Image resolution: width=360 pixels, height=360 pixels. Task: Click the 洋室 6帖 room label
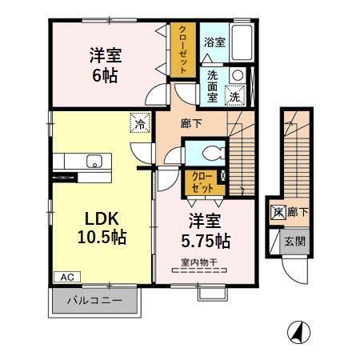pyautogui.click(x=106, y=65)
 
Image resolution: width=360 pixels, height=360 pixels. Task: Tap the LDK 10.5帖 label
pyautogui.click(x=102, y=228)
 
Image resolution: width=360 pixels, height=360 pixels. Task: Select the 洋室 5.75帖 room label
pyautogui.click(x=206, y=231)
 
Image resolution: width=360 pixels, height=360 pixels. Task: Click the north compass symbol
pyautogui.click(x=298, y=332)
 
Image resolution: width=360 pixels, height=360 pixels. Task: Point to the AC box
pyautogui.click(x=67, y=277)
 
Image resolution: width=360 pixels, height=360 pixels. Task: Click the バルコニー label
pyautogui.click(x=94, y=301)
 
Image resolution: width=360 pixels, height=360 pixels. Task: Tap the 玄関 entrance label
pyautogui.click(x=294, y=242)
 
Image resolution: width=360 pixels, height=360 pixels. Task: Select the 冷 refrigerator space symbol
pyautogui.click(x=140, y=122)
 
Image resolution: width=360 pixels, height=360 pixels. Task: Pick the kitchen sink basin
pyautogui.click(x=94, y=161)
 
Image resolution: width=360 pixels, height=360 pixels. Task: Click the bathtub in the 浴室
pyautogui.click(x=242, y=42)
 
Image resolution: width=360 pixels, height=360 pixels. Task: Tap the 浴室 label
pyautogui.click(x=214, y=42)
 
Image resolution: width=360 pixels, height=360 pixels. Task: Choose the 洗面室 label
pyautogui.click(x=213, y=86)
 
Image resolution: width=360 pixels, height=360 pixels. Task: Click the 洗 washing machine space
pyautogui.click(x=235, y=94)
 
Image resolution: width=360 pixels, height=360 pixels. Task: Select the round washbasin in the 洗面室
pyautogui.click(x=237, y=75)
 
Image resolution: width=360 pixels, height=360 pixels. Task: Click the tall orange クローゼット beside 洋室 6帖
pyautogui.click(x=183, y=50)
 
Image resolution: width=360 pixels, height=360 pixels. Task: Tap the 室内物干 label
pyautogui.click(x=199, y=262)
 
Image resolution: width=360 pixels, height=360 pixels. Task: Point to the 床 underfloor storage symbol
pyautogui.click(x=278, y=213)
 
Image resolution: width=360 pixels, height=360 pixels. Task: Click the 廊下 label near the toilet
pyautogui.click(x=191, y=123)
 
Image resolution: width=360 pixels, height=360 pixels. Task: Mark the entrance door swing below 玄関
pyautogui.click(x=295, y=270)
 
